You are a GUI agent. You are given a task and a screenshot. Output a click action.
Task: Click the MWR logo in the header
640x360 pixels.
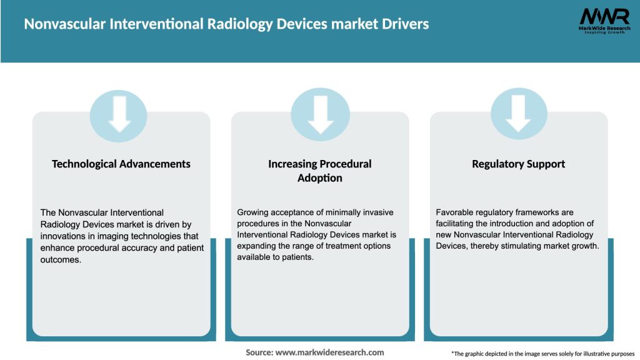pyautogui.click(x=604, y=17)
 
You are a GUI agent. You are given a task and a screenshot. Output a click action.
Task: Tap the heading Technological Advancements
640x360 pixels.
pyautogui.click(x=121, y=164)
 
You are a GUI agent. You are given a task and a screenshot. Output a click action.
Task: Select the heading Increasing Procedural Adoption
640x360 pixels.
pyautogui.click(x=320, y=171)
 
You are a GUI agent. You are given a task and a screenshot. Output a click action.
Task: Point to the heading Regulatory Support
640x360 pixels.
pyautogui.click(x=518, y=164)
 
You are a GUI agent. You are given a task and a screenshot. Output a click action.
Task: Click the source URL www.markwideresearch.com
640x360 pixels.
pyautogui.click(x=331, y=352)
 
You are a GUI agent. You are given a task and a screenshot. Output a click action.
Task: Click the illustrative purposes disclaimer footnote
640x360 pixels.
pyautogui.click(x=542, y=354)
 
